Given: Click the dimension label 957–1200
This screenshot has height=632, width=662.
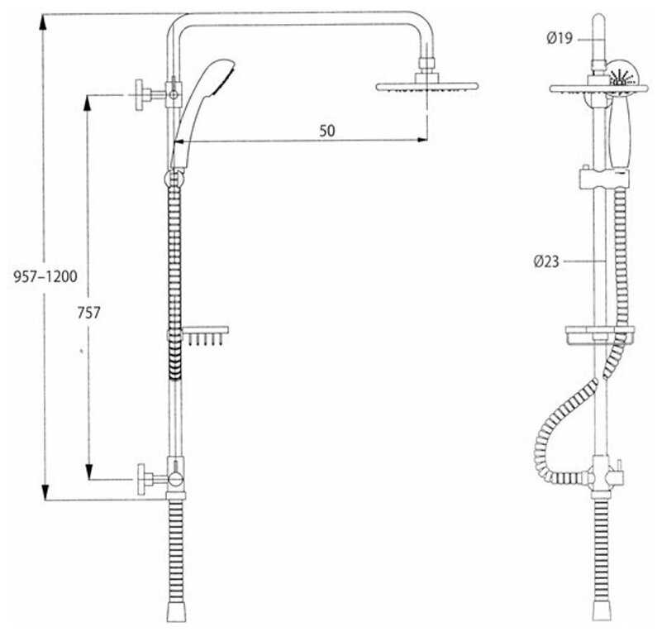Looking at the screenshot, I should [45, 276].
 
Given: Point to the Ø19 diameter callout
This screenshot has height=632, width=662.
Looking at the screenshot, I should [560, 36].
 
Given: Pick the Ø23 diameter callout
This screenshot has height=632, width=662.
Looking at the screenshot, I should [547, 261].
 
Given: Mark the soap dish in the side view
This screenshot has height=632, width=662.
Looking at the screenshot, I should [599, 336].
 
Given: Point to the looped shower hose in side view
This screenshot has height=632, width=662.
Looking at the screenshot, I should [550, 438].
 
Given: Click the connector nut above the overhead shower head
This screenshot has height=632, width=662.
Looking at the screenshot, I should [426, 64].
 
